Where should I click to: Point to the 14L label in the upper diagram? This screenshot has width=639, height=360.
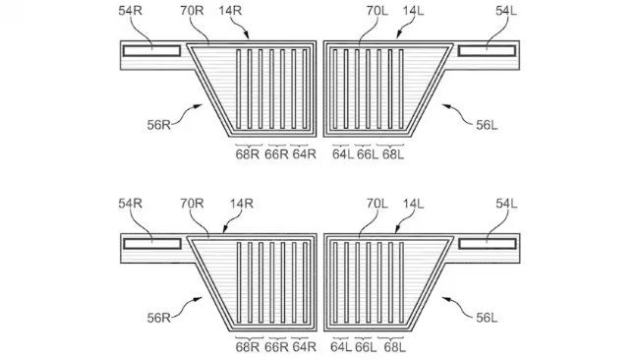pyautogui.click(x=413, y=12)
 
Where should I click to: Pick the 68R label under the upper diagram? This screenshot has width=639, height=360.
pyautogui.click(x=247, y=153)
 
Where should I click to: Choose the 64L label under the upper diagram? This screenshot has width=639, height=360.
pyautogui.click(x=341, y=153)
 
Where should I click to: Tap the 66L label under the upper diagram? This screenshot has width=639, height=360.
pyautogui.click(x=366, y=153)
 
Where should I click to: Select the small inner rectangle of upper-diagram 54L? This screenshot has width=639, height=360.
pyautogui.click(x=488, y=48)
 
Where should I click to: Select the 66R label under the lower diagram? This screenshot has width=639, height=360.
pyautogui.click(x=277, y=346)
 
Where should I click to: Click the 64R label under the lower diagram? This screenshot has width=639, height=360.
pyautogui.click(x=304, y=346)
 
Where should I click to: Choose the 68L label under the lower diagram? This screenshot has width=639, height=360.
pyautogui.click(x=392, y=346)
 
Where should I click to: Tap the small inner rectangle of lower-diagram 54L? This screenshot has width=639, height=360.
pyautogui.click(x=488, y=242)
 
